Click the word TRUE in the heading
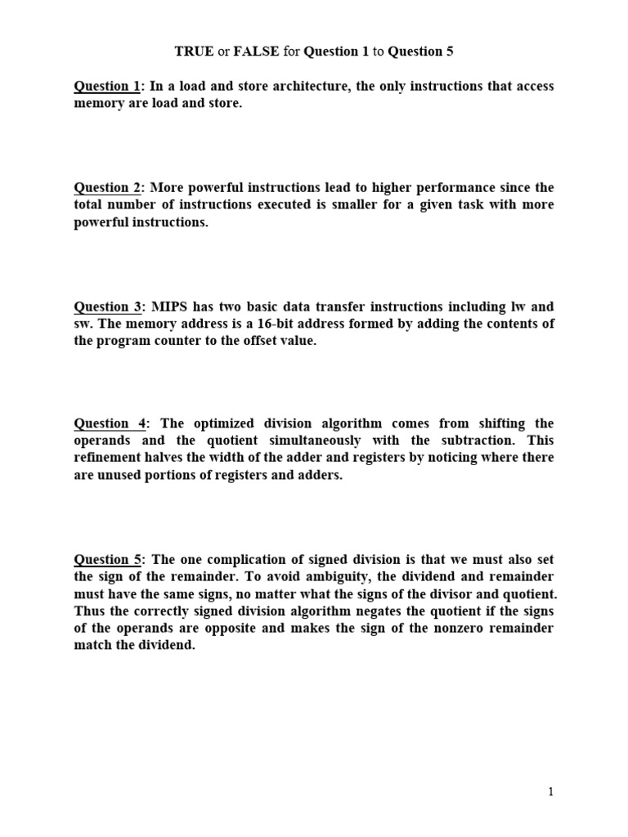pyautogui.click(x=194, y=51)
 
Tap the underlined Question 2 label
pyautogui.click(x=107, y=188)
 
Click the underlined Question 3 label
pyautogui.click(x=107, y=307)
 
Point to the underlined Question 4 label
pyautogui.click(x=110, y=423)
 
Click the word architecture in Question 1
pyautogui.click(x=307, y=87)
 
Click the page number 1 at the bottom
pyautogui.click(x=551, y=791)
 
